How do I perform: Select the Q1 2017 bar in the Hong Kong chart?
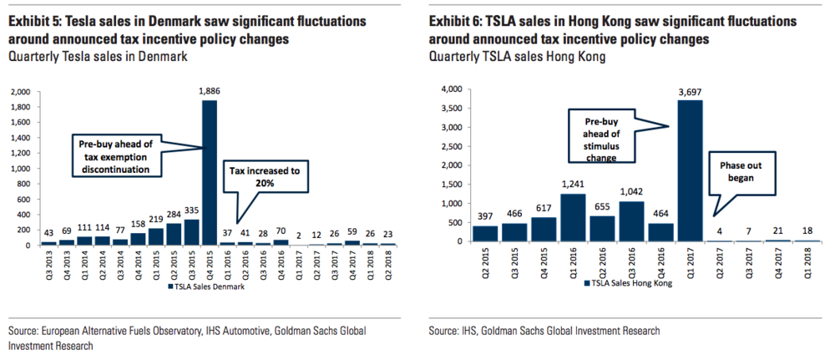tap(690, 170)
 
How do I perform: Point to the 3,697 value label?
tap(691, 93)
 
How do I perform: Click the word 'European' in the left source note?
tap(68, 331)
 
